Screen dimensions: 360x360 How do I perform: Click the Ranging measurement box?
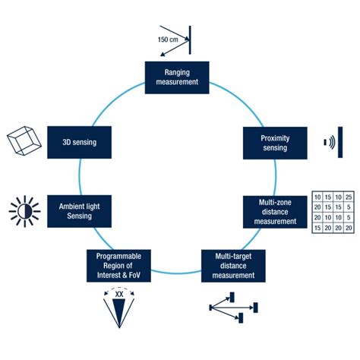176,77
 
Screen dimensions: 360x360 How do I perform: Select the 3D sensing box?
80,141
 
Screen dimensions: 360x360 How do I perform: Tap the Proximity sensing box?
275,142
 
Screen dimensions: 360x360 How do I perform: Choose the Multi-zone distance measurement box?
275,211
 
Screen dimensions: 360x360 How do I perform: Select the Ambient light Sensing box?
80,210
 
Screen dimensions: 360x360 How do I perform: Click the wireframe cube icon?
23,141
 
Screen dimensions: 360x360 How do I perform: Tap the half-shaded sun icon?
24,210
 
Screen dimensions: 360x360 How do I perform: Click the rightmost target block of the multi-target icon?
254,306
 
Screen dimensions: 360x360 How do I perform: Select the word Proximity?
275,137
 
